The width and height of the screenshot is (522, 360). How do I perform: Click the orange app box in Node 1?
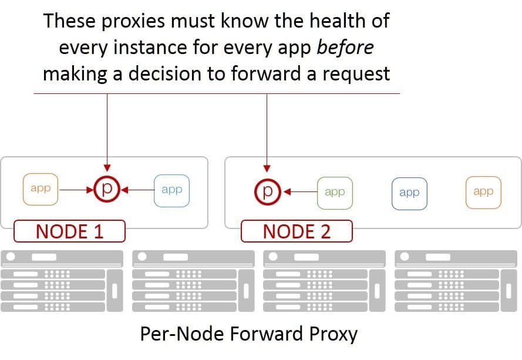41,189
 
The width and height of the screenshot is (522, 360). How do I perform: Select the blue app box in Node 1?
171,190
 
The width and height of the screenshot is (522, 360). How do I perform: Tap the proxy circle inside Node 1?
107,189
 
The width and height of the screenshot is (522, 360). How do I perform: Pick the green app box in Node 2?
334,192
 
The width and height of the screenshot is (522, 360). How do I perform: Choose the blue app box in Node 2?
409,193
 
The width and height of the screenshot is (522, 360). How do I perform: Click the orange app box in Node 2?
483,192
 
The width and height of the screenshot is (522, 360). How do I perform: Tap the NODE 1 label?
69,231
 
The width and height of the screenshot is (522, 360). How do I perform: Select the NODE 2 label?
297,231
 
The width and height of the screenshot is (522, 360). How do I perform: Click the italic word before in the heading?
345,48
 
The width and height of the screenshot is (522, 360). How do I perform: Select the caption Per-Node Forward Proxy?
248,334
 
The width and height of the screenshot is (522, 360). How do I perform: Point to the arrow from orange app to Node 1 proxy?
76,190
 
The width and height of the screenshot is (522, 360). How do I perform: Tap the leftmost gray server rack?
63,281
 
